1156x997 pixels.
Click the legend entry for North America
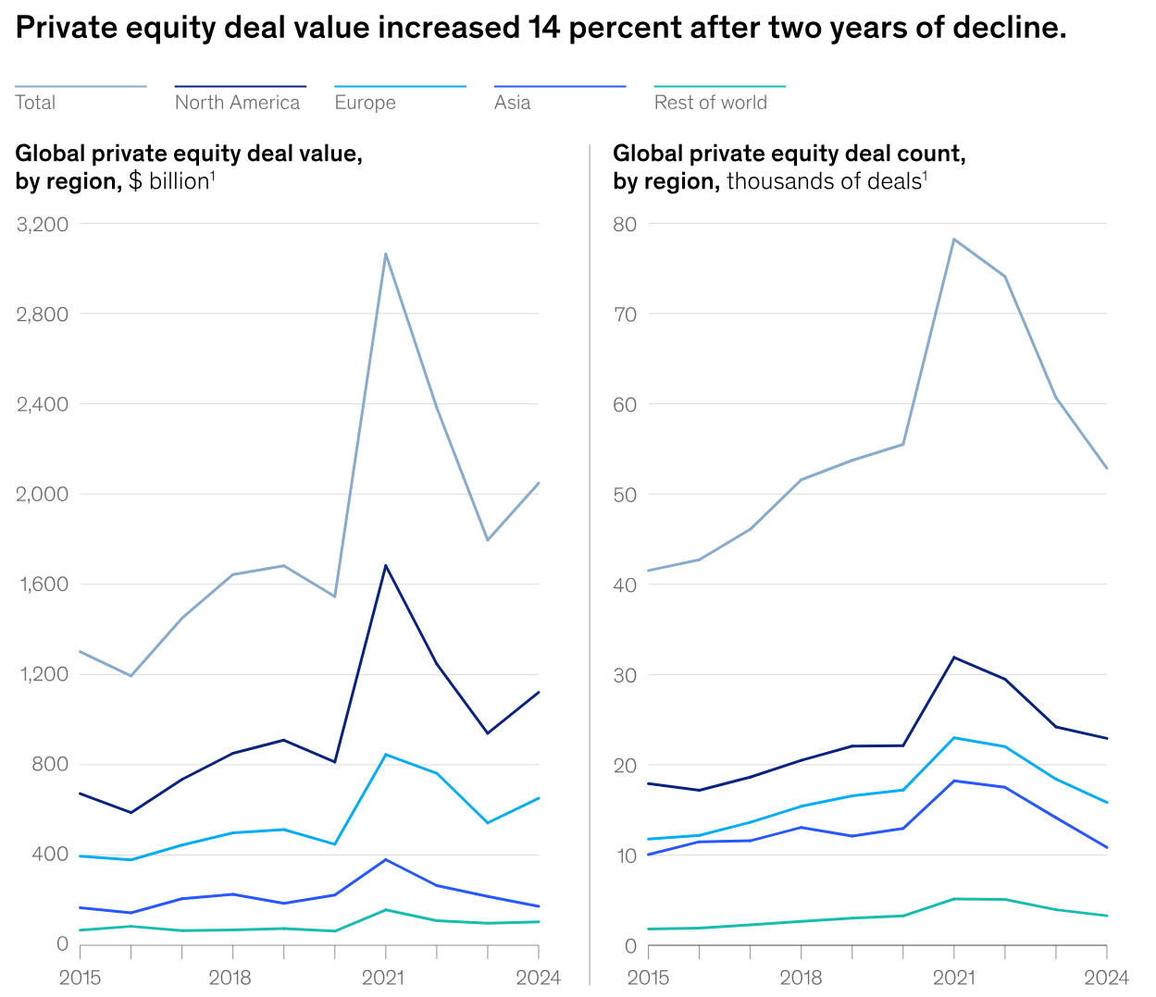click(237, 103)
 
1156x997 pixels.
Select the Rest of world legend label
click(710, 103)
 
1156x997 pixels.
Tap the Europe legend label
click(365, 103)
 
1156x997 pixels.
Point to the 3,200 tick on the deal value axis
click(43, 224)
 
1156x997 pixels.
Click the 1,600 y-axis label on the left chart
click(43, 584)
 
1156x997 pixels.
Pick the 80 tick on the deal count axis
click(625, 224)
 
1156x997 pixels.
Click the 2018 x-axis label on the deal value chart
click(230, 978)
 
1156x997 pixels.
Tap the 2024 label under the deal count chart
click(1106, 978)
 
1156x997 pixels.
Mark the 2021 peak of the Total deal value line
click(385, 253)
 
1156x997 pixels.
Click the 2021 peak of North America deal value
click(385, 565)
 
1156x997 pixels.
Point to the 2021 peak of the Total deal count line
click(953, 239)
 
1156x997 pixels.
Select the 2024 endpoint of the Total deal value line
click(538, 483)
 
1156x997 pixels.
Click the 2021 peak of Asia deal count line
click(953, 781)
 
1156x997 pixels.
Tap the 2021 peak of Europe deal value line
click(385, 755)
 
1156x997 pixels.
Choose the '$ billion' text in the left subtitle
click(168, 181)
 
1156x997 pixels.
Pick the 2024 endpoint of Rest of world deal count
click(1106, 916)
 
